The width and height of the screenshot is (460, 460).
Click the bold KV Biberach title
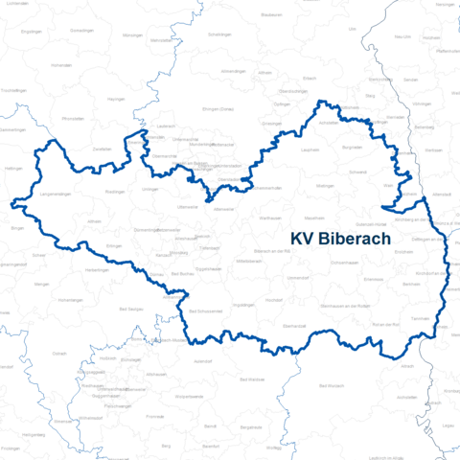(339, 239)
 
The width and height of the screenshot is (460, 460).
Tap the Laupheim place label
(310, 149)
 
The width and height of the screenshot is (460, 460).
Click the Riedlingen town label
(117, 192)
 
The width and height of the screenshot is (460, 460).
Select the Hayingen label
(116, 99)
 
